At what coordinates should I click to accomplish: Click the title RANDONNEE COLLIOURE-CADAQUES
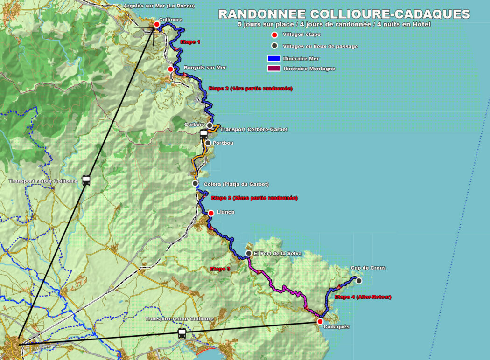[x=344, y=14]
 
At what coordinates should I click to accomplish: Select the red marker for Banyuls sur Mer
[x=170, y=69]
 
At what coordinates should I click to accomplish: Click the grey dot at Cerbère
[x=210, y=125]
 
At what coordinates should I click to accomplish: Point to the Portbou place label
[x=223, y=143]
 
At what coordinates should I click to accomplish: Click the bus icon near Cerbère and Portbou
[x=203, y=135]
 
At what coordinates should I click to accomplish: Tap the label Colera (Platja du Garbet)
[x=236, y=184]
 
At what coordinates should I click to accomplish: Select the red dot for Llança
[x=210, y=213]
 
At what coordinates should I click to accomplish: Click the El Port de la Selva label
[x=277, y=253]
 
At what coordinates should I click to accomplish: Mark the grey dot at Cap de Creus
[x=358, y=280]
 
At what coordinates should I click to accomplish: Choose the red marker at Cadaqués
[x=320, y=321]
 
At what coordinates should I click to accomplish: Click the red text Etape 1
[x=190, y=42]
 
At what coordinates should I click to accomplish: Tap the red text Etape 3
[x=220, y=269]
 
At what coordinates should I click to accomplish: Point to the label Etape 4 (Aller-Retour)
[x=363, y=297]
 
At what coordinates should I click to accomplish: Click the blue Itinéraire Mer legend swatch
[x=273, y=59]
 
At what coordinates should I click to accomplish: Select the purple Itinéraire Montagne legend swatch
[x=273, y=69]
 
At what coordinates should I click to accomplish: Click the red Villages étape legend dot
[x=274, y=35]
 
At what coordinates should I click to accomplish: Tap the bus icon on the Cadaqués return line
[x=182, y=333]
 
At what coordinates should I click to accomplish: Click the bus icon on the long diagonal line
[x=86, y=180]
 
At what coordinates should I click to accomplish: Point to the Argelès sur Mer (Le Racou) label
[x=159, y=6]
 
